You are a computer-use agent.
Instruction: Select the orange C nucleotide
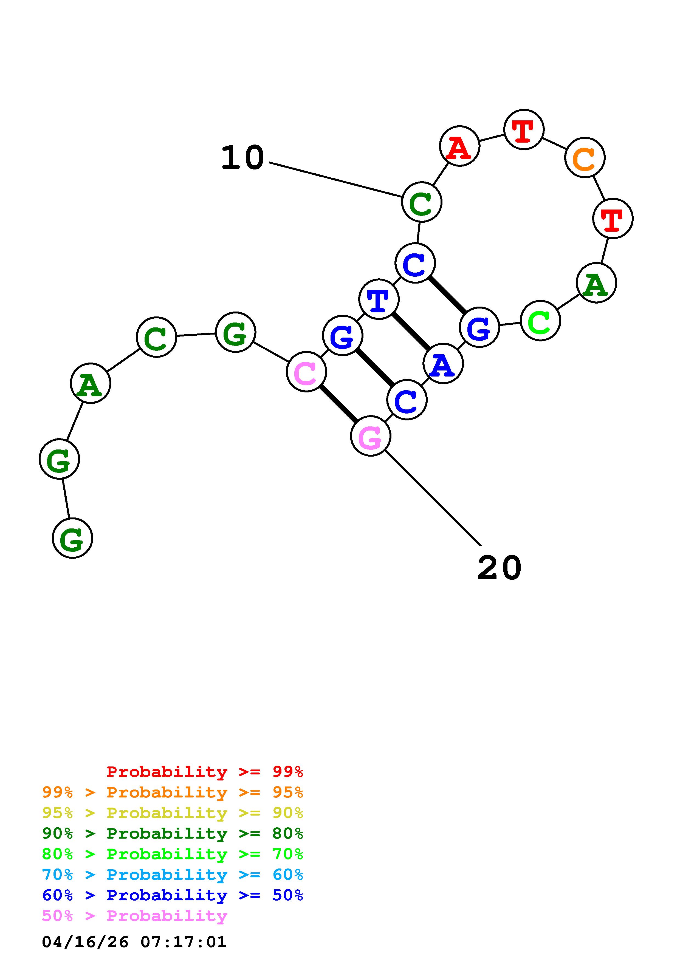click(585, 157)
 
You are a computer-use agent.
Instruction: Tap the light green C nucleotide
click(540, 321)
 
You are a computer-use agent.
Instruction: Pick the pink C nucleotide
click(306, 372)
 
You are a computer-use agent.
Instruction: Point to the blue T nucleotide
click(379, 299)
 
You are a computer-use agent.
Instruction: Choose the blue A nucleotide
click(443, 363)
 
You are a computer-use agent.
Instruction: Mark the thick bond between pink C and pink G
click(338, 404)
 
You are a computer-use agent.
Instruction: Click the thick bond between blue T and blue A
click(411, 331)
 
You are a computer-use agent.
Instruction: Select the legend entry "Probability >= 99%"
click(204, 771)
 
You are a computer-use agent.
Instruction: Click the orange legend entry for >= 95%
click(173, 792)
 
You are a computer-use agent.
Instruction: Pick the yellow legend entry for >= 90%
click(173, 813)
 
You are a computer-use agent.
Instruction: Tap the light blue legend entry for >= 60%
click(173, 875)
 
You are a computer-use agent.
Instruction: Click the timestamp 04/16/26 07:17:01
click(134, 942)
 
